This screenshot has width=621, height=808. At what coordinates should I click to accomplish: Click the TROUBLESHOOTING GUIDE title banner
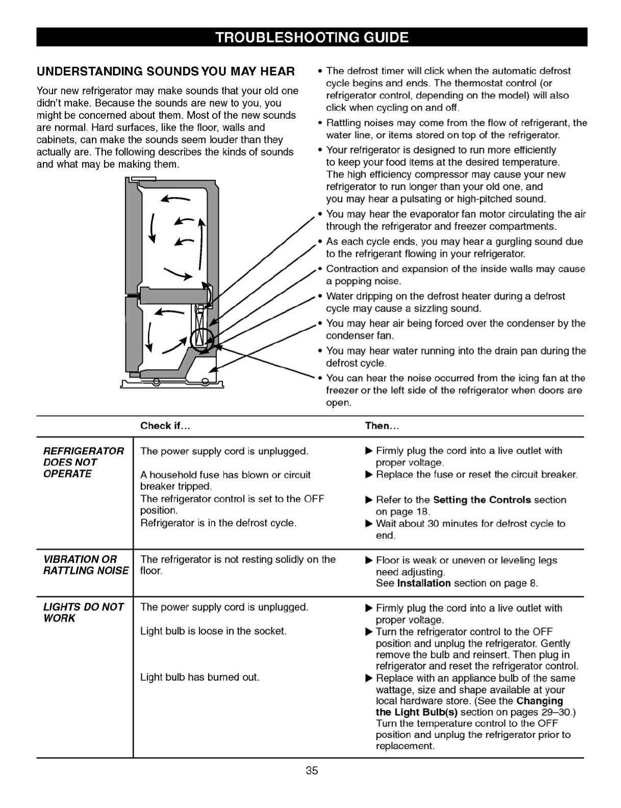click(x=311, y=37)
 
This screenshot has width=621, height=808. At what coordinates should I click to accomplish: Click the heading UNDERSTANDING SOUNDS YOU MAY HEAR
click(x=165, y=71)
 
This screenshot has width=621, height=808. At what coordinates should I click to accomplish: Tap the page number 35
click(x=312, y=770)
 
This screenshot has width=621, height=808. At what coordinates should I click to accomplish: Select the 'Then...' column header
click(x=381, y=426)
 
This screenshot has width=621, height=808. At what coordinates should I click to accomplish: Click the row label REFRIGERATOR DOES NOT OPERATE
click(x=83, y=462)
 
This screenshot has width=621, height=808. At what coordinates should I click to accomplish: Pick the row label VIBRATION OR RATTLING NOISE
click(x=85, y=565)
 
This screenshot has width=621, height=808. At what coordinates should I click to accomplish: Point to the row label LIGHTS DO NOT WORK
click(x=83, y=612)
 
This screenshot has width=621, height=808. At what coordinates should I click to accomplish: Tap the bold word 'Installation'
click(x=424, y=583)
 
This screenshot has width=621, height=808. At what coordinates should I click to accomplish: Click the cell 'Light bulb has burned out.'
click(x=200, y=677)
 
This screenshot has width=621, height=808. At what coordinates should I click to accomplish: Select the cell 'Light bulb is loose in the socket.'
click(x=213, y=631)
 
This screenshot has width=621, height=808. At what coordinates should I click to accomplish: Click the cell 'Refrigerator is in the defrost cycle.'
click(x=218, y=523)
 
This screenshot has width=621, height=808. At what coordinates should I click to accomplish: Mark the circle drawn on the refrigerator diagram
click(x=201, y=338)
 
